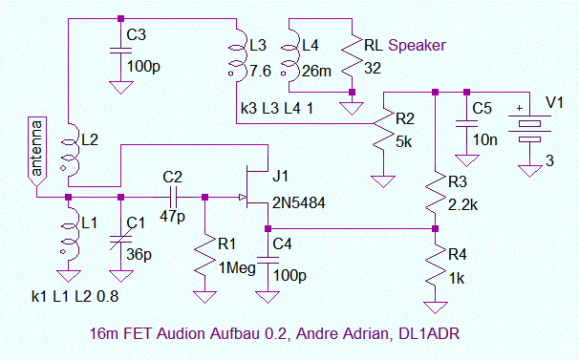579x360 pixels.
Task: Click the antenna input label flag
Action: (37, 152)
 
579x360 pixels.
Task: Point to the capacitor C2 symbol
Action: (173, 198)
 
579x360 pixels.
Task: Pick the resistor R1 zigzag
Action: (204, 255)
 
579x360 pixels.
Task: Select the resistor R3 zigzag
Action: (436, 192)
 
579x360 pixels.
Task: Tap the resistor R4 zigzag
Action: (436, 265)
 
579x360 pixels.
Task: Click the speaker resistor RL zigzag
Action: (353, 56)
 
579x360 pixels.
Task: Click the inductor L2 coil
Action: (70, 151)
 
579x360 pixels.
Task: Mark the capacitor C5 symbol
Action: (467, 123)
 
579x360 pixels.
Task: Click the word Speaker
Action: (417, 46)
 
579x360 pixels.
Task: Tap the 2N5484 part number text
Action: (299, 202)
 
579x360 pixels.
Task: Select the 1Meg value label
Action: (237, 267)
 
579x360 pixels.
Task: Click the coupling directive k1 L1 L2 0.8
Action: (75, 296)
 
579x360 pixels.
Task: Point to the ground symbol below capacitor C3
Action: (120, 88)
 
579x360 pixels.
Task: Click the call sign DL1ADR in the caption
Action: (429, 334)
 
